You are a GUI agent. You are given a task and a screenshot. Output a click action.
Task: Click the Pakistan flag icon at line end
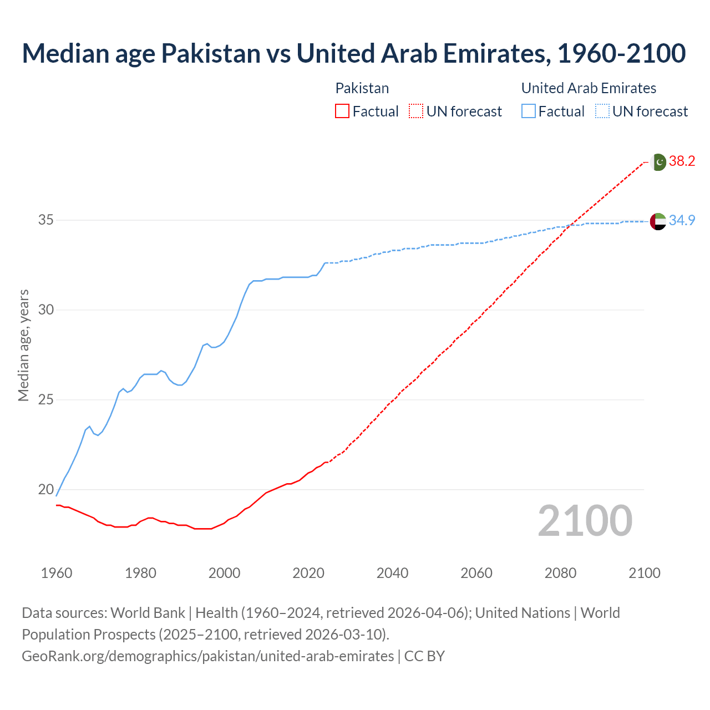[658, 162]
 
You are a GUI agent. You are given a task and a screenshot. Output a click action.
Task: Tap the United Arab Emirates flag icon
[658, 221]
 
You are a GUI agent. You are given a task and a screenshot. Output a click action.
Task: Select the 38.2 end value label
[682, 161]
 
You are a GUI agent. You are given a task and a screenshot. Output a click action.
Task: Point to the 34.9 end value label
[682, 220]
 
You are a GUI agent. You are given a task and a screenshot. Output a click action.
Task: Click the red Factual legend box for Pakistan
[342, 111]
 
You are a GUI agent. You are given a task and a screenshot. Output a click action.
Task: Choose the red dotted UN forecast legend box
[416, 111]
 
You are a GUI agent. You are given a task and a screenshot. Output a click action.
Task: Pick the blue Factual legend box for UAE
[529, 111]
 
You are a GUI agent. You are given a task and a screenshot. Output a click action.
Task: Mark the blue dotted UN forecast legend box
[602, 111]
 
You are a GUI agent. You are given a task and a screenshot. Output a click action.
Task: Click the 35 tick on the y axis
[45, 220]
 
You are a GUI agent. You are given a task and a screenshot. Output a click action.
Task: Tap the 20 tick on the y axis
[45, 490]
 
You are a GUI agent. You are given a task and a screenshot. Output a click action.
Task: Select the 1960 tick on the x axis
[57, 573]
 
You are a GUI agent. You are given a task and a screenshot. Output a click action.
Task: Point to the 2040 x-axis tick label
[392, 573]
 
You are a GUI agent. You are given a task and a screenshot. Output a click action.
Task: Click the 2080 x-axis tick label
[560, 573]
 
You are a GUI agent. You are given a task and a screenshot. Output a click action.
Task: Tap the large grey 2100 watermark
[585, 520]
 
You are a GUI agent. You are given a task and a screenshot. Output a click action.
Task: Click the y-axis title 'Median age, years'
[23, 345]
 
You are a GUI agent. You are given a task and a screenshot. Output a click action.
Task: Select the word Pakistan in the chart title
[210, 54]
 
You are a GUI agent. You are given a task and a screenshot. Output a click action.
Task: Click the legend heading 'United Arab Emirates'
[589, 88]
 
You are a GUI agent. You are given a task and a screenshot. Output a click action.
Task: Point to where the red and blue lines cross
[571, 225]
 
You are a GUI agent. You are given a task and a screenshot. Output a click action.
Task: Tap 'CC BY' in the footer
[424, 656]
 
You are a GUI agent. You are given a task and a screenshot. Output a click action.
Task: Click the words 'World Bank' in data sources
[148, 613]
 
